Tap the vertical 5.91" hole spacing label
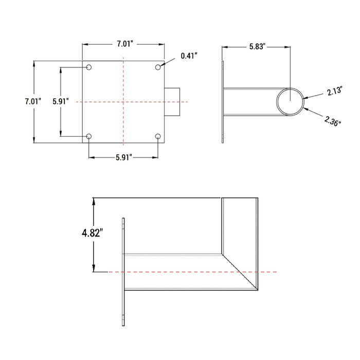click(61, 102)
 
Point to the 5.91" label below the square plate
click(123, 157)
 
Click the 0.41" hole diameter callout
click(189, 56)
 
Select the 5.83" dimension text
click(257, 47)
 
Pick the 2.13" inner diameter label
click(335, 93)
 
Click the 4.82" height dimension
click(93, 233)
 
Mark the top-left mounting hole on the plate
click(89, 67)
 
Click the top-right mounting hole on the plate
click(158, 67)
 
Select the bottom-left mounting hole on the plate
click(89, 136)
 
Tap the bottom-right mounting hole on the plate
click(158, 136)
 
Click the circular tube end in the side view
click(291, 101)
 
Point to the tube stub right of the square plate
click(173, 102)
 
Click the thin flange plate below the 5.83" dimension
click(223, 102)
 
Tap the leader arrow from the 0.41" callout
click(167, 62)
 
